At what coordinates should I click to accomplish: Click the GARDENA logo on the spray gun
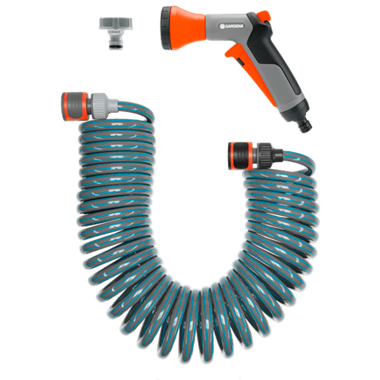coord(231,26)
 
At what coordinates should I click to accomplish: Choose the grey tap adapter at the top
coord(116,34)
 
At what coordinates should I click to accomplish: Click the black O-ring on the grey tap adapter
coord(116,46)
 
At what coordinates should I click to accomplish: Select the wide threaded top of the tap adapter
coord(116,24)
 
